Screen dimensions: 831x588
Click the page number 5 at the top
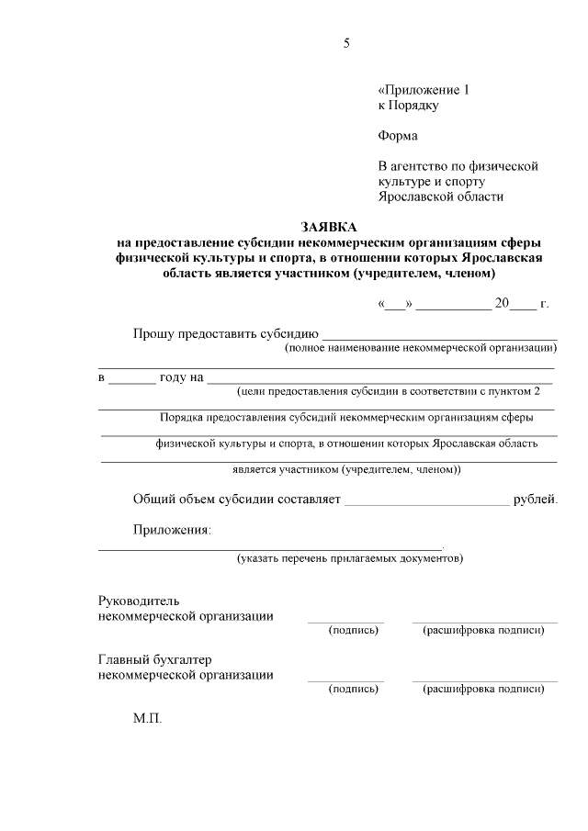pos(346,43)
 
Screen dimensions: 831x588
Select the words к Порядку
pos(408,106)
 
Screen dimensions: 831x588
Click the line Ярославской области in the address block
pos(441,197)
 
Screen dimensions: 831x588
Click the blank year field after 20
pos(522,304)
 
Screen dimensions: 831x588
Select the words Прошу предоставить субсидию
pos(225,333)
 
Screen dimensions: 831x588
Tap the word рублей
pos(535,499)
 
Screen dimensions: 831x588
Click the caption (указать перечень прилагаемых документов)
pos(349,557)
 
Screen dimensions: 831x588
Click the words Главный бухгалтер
pos(155,659)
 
